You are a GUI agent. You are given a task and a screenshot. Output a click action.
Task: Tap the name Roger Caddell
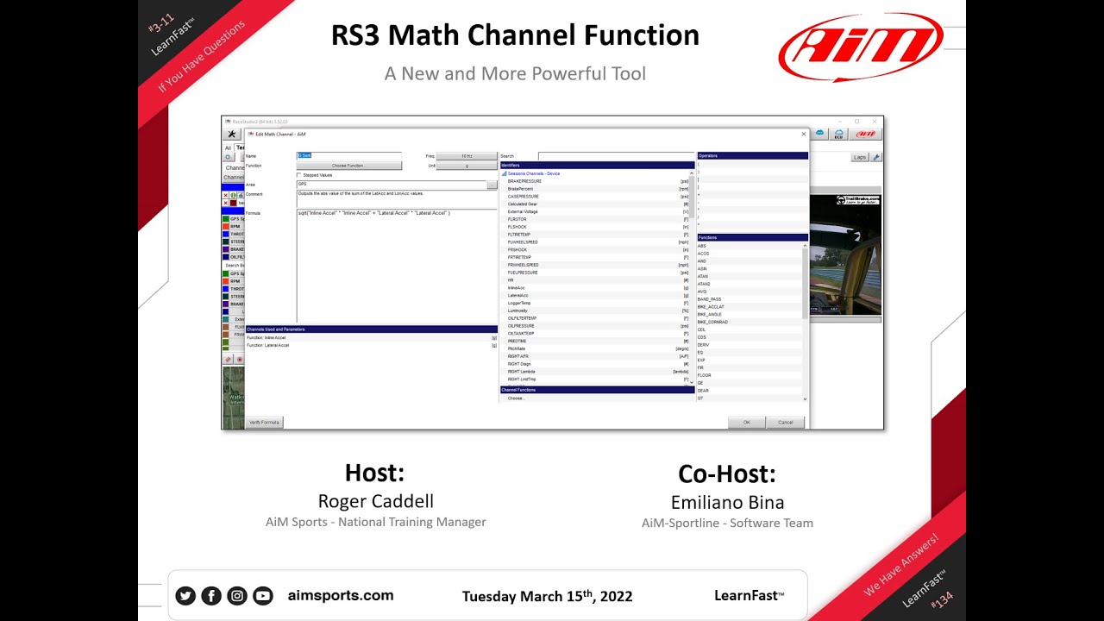coord(375,501)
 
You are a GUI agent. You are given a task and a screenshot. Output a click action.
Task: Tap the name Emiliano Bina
coord(727,502)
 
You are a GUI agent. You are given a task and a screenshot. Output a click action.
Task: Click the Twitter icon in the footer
coord(185,596)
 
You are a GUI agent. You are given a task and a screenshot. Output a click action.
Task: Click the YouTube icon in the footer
coord(263,596)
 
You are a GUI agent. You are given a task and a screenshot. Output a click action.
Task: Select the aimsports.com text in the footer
coord(340,595)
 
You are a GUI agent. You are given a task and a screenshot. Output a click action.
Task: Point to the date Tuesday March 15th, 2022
coord(547,596)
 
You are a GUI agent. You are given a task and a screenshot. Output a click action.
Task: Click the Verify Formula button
coord(264,423)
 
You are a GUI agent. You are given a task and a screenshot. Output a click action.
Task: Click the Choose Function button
coord(348,166)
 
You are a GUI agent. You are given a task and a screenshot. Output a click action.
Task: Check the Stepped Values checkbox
coord(299,175)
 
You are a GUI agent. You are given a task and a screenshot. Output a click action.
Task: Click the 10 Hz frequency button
coord(467,156)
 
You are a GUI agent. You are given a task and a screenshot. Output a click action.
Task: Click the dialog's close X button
coord(804,134)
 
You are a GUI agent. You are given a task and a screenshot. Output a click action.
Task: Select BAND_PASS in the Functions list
coord(709,299)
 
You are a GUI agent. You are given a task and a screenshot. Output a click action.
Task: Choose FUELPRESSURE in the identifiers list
coord(523,273)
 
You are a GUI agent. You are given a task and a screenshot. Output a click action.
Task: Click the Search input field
coord(616,156)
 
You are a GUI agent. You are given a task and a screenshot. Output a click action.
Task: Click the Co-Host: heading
coord(727,474)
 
